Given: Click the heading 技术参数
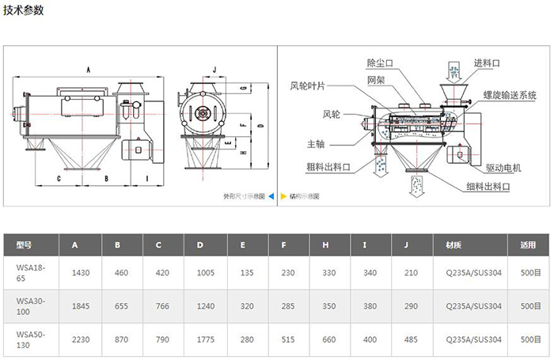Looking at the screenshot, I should [x=25, y=10].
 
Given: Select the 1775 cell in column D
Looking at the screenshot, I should [x=205, y=340].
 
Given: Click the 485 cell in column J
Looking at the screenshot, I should [x=411, y=340].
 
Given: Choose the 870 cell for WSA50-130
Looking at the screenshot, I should [x=122, y=340].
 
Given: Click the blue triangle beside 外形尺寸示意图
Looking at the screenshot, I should [x=271, y=195].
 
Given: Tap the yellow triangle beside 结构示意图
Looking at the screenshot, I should [x=283, y=195].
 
